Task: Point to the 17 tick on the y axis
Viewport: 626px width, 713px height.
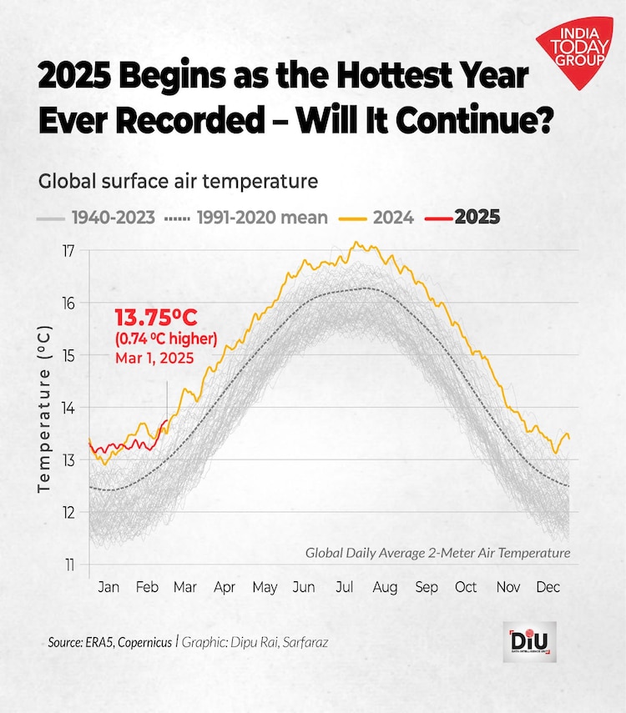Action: point(69,251)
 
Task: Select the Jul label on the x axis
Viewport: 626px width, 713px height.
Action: point(344,587)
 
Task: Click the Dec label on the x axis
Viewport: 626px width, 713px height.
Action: point(548,587)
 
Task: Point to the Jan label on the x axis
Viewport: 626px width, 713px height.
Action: point(109,587)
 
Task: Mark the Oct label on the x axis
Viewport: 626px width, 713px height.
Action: point(466,587)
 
